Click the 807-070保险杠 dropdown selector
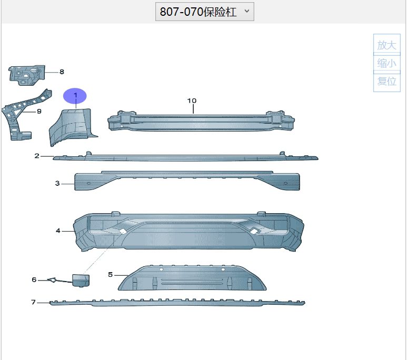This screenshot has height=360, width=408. [x=204, y=12]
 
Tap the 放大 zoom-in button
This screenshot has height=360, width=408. [x=386, y=45]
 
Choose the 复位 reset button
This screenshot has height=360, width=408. [x=386, y=82]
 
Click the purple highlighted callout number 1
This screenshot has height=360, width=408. [x=75, y=95]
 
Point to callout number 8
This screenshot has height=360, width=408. [x=62, y=72]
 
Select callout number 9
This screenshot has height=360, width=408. [x=39, y=112]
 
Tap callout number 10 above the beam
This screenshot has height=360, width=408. [x=192, y=101]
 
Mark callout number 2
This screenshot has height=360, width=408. [x=37, y=156]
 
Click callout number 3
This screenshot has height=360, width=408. [x=57, y=183]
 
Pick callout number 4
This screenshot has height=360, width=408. [x=58, y=231]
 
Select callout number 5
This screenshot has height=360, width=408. [x=111, y=275]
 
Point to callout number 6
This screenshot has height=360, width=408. [x=34, y=279]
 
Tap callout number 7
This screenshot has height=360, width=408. [x=33, y=302]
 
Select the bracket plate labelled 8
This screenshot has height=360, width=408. [x=26, y=75]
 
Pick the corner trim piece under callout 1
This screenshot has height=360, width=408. [x=73, y=127]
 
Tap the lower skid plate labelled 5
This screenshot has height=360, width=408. [x=192, y=278]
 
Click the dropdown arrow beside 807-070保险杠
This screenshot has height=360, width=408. [x=247, y=11]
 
